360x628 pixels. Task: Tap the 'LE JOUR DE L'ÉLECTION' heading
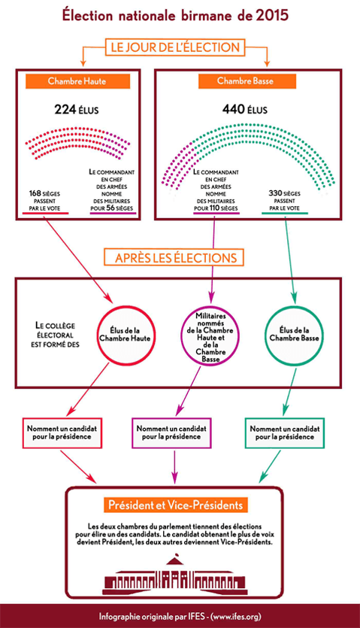point(174,47)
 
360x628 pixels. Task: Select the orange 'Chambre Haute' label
point(74,81)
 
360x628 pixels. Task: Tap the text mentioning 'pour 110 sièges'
point(215,192)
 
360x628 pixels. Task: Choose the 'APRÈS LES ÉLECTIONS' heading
point(174,258)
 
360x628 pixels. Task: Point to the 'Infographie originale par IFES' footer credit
point(180,616)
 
